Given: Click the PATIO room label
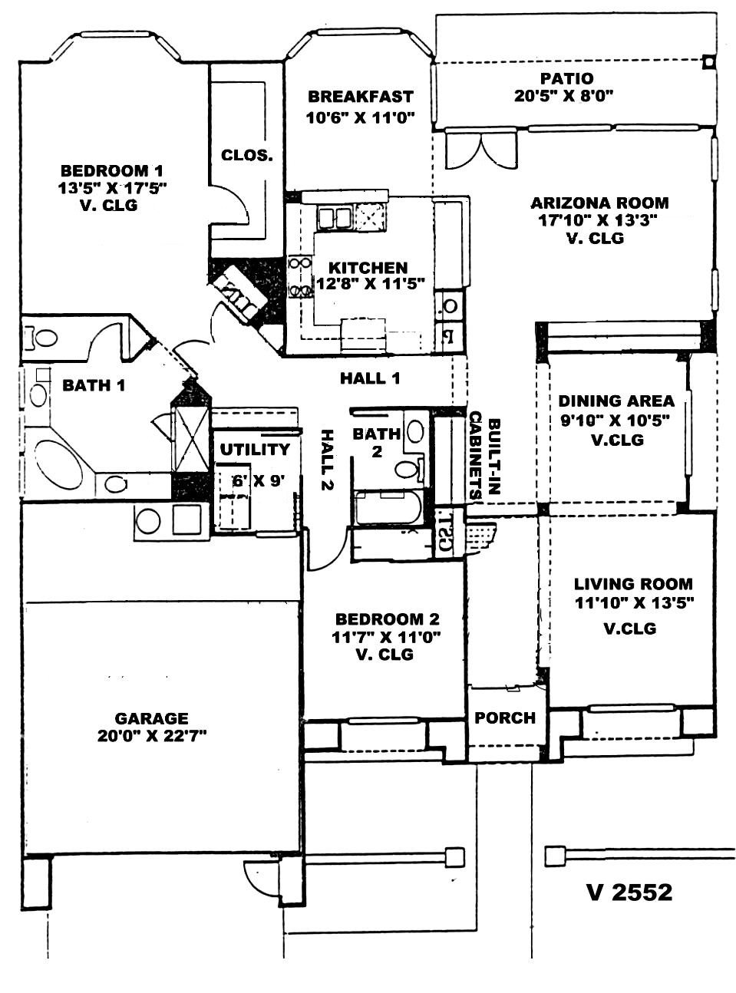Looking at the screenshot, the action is pyautogui.click(x=566, y=78).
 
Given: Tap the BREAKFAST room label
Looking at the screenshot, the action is pyautogui.click(x=360, y=96).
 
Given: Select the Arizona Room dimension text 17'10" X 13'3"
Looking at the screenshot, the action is pyautogui.click(x=597, y=220).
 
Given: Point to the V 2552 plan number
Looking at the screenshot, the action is pyautogui.click(x=629, y=892).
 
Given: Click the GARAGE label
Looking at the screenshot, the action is pyautogui.click(x=151, y=718).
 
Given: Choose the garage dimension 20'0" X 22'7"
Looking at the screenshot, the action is pyautogui.click(x=151, y=736).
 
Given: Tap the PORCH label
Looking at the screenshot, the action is pyautogui.click(x=505, y=718).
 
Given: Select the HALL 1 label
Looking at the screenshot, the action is pyautogui.click(x=370, y=378).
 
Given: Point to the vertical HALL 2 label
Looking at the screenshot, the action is pyautogui.click(x=328, y=460).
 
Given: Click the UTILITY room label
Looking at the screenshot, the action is pyautogui.click(x=255, y=449).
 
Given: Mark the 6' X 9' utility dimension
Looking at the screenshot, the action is pyautogui.click(x=259, y=480).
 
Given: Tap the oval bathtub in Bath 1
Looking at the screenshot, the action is pyautogui.click(x=59, y=464).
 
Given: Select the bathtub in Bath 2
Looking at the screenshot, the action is pyautogui.click(x=388, y=506).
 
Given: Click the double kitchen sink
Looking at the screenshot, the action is pyautogui.click(x=334, y=218).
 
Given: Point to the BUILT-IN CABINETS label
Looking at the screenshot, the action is pyautogui.click(x=485, y=456).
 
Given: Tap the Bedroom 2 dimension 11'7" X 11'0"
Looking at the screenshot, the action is pyautogui.click(x=386, y=637).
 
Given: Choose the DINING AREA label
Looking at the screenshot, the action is pyautogui.click(x=616, y=401).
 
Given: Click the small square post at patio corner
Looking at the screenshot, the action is pyautogui.click(x=708, y=61).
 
